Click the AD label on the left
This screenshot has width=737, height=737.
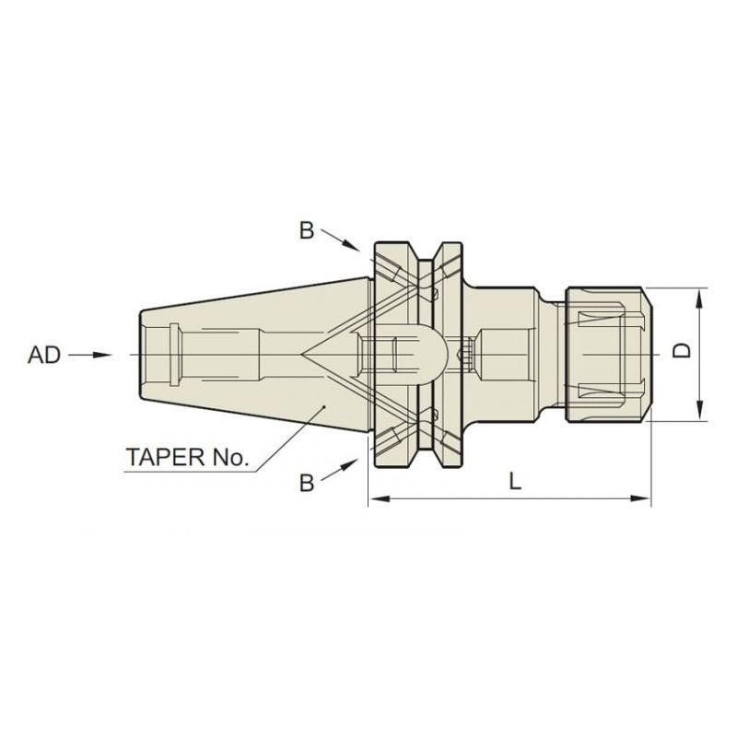(x=44, y=355)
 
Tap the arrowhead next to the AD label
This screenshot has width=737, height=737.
(x=102, y=355)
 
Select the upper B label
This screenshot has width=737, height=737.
(x=307, y=231)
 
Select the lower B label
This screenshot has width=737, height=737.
(x=307, y=483)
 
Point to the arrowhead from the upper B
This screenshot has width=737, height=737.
(x=351, y=245)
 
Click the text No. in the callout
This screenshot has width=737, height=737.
(x=229, y=457)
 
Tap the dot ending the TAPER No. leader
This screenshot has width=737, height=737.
(x=324, y=406)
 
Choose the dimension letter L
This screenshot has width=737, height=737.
(x=516, y=481)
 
